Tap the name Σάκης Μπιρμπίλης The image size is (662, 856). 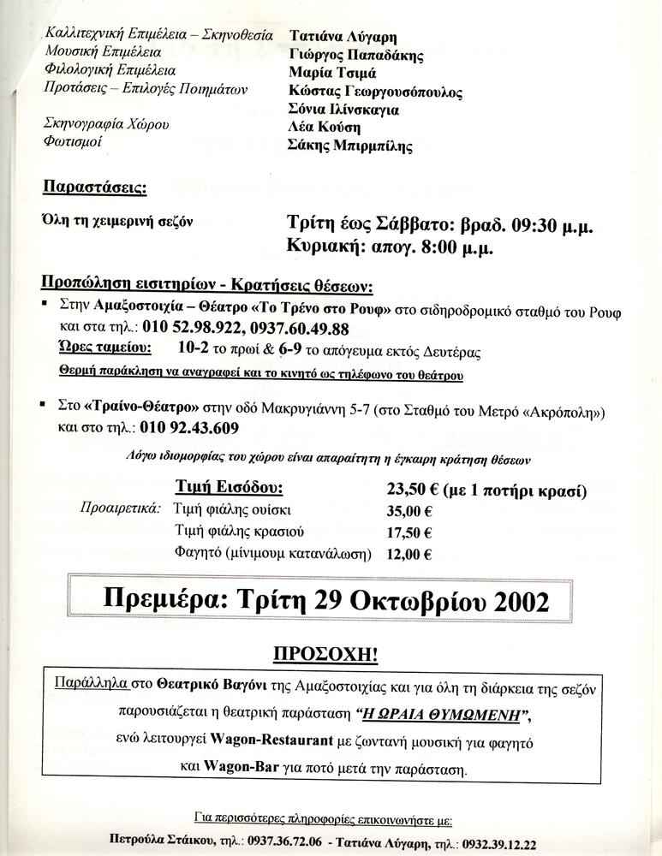pos(349,146)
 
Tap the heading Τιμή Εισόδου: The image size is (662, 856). pos(229,489)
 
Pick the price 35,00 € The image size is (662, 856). pos(409,512)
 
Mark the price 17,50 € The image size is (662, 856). pos(409,532)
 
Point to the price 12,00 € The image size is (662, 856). pos(409,554)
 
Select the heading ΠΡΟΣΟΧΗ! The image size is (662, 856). pos(325,655)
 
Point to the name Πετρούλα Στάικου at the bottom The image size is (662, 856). pos(166,842)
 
